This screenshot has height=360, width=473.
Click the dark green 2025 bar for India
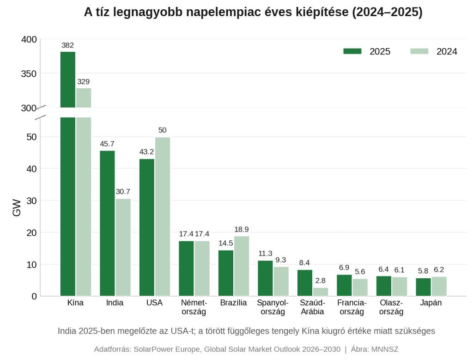click(107, 223)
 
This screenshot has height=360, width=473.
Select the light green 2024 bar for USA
click(163, 217)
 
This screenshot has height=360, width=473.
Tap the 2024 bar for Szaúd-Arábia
click(321, 292)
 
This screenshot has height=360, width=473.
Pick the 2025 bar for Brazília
click(225, 273)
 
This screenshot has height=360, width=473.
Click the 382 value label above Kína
click(67, 45)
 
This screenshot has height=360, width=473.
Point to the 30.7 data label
click(123, 192)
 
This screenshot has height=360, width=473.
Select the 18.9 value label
click(241, 229)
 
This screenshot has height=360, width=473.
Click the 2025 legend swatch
click(352, 51)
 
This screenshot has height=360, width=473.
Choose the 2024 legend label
click(447, 52)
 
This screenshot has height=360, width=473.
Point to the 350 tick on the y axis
click(29, 73)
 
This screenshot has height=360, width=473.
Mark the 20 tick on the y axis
click(31, 232)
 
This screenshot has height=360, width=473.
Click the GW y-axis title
click(17, 207)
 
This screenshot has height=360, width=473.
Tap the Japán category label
click(431, 303)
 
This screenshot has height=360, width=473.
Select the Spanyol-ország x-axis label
click(273, 307)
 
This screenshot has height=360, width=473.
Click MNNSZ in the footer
click(385, 349)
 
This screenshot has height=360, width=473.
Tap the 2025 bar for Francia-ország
click(344, 285)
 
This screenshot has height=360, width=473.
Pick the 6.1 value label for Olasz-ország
click(400, 270)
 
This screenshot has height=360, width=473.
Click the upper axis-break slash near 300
click(40, 108)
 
